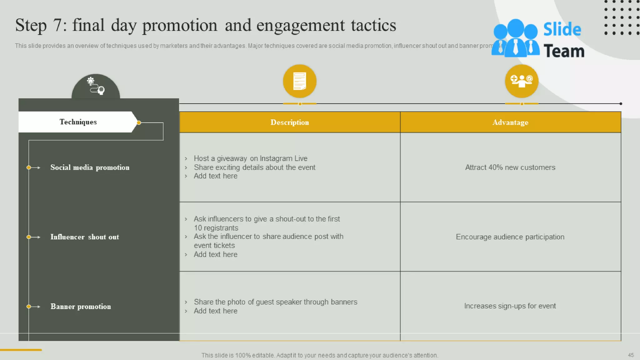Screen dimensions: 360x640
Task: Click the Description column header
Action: point(290,122)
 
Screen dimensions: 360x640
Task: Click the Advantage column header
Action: point(510,122)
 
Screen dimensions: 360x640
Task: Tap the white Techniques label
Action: point(78,122)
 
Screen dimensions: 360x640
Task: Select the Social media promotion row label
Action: point(90,167)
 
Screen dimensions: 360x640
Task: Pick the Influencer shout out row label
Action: point(85,237)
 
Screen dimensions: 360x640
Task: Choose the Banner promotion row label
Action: point(81,307)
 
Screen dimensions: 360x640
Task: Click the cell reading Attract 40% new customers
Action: point(510,167)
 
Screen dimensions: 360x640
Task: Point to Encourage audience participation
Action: point(510,237)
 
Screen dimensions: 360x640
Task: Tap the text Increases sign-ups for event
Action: point(510,306)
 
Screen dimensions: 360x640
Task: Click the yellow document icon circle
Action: point(299,81)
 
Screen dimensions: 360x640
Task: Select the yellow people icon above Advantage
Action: point(521,81)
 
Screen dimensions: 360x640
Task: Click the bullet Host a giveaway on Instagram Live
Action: point(250,158)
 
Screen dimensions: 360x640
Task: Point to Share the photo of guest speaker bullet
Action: point(275,302)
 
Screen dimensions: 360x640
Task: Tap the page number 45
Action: point(631,355)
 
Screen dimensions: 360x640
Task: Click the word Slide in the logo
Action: point(562,29)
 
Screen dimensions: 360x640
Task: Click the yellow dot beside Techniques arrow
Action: point(139,123)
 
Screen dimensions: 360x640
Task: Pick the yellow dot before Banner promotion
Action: point(29,307)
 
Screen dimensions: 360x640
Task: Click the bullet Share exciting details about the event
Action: point(254,167)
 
